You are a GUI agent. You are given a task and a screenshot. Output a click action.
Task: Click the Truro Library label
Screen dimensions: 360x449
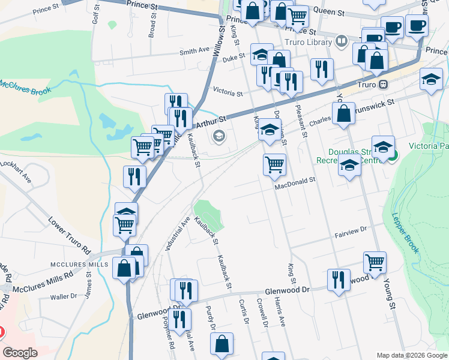309,42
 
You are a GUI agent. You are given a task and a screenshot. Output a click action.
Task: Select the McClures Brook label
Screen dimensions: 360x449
25,86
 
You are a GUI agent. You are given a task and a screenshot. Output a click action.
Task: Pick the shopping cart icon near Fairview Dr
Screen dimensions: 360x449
375,262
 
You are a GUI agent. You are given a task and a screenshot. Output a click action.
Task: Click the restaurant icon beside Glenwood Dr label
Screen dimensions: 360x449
339,280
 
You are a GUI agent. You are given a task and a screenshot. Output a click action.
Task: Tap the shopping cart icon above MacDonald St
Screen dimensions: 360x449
274,163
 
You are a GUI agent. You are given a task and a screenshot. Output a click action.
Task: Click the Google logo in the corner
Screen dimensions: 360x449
20,353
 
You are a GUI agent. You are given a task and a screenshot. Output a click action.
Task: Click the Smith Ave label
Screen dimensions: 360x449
194,51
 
